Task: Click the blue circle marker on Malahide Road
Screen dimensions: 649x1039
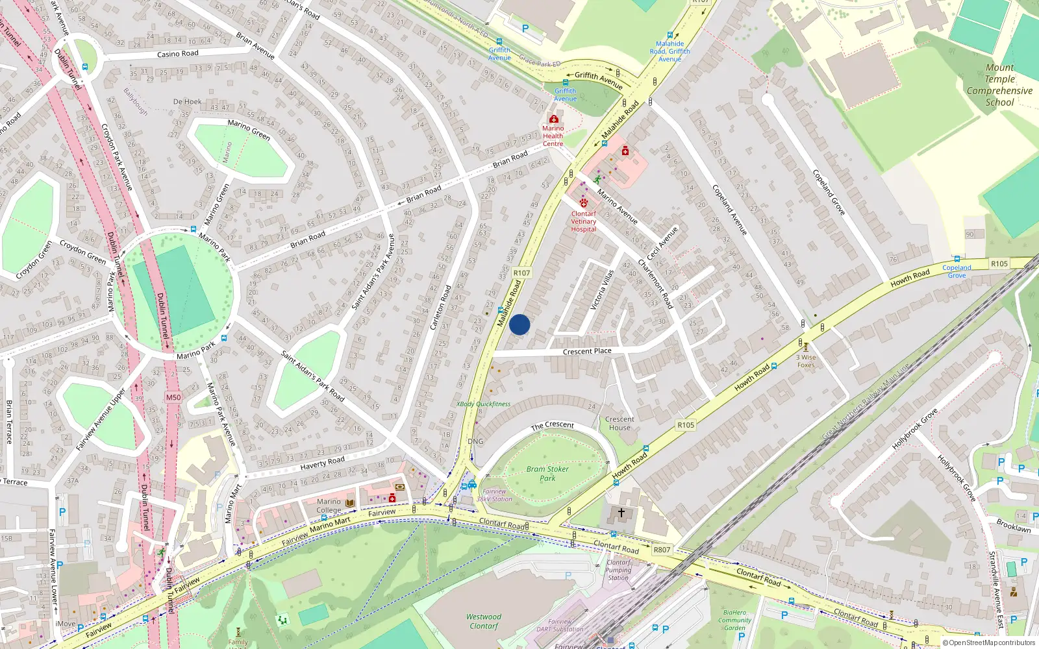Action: [x=519, y=324]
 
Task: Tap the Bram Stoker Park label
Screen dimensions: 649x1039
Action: [x=547, y=473]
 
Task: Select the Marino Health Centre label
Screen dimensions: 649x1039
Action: [x=553, y=136]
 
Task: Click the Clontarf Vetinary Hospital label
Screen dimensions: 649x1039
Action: [x=583, y=221]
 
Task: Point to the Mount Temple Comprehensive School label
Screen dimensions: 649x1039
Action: [x=999, y=85]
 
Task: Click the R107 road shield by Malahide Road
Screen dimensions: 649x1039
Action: [x=521, y=273]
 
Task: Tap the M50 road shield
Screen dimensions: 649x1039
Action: [x=173, y=397]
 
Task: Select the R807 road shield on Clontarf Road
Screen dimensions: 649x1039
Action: [x=662, y=550]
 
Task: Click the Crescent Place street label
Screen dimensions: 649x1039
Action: [x=587, y=351]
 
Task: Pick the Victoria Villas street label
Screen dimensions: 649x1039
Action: [x=602, y=289]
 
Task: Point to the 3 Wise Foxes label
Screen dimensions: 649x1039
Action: [x=806, y=361]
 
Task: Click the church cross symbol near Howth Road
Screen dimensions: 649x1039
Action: [x=621, y=513]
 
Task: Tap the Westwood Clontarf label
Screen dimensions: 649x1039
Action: [x=484, y=621]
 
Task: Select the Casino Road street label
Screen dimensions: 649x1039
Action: [x=177, y=54]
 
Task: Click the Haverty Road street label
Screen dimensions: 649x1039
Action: [x=322, y=462]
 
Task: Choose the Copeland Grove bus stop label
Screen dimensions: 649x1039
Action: [x=957, y=271]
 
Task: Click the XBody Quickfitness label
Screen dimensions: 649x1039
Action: [x=483, y=404]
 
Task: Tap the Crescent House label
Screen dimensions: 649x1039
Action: [x=620, y=423]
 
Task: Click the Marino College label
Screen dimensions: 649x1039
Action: [x=329, y=506]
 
